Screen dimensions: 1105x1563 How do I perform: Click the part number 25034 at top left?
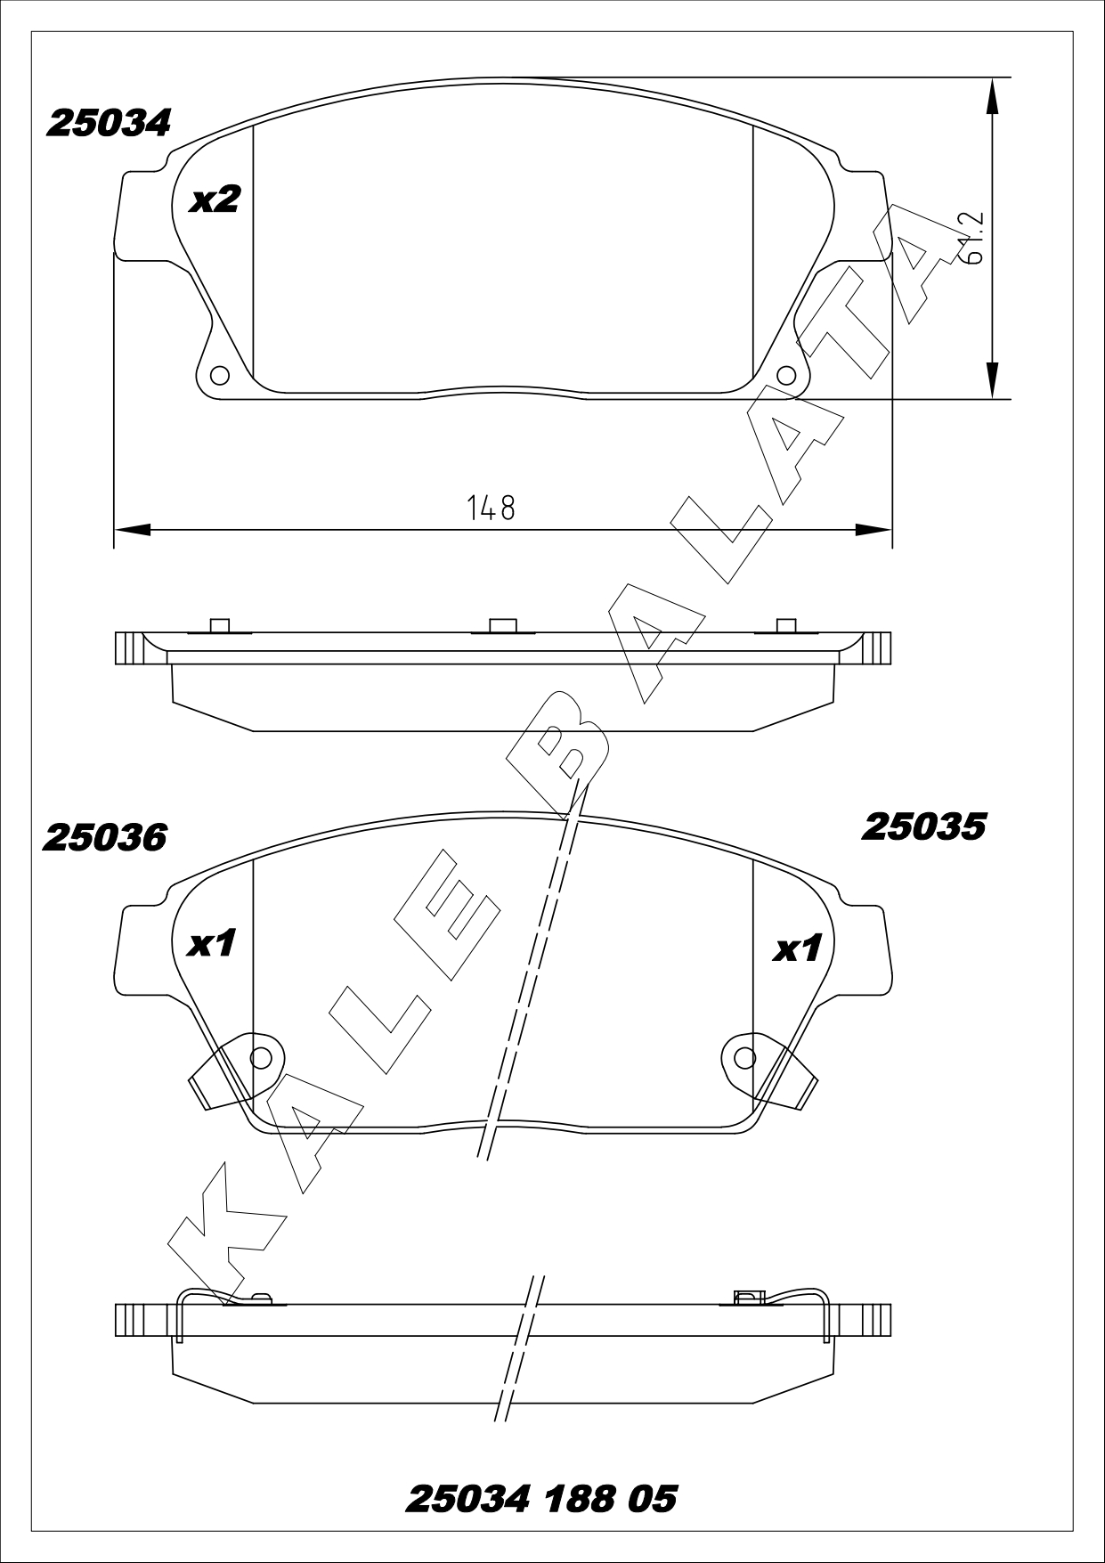point(108,124)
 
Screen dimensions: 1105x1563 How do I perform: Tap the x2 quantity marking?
point(215,199)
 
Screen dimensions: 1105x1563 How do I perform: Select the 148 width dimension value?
point(492,508)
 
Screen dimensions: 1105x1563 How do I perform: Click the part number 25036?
point(105,837)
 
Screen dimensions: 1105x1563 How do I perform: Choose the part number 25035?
point(923,827)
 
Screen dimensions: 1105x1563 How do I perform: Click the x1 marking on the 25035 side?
point(796,949)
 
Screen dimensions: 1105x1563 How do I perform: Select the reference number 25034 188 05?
point(541,1499)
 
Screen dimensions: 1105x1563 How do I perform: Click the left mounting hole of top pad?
point(219,374)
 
